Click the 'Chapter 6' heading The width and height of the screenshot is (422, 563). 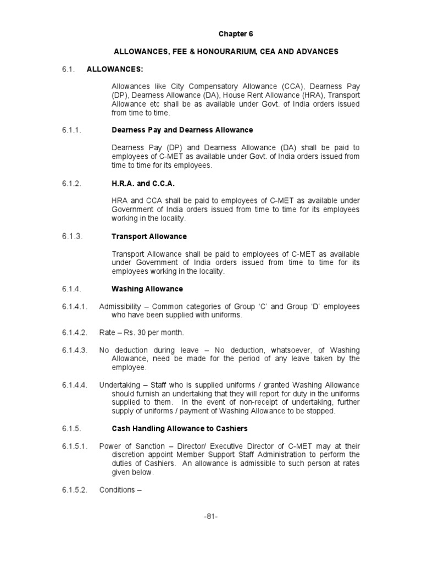[236, 34]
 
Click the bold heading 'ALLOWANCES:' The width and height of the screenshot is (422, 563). [110, 69]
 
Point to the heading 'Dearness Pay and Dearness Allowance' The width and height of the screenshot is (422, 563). [182, 130]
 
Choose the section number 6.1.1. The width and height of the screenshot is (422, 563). [71, 130]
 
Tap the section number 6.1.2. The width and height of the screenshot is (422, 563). [71, 184]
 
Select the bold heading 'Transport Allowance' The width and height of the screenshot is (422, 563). [149, 236]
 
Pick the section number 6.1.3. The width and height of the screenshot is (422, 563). [71, 236]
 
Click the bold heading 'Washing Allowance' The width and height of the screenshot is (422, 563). [147, 289]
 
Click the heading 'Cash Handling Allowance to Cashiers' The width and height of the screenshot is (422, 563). [180, 429]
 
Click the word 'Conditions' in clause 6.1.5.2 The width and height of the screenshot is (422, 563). [117, 489]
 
